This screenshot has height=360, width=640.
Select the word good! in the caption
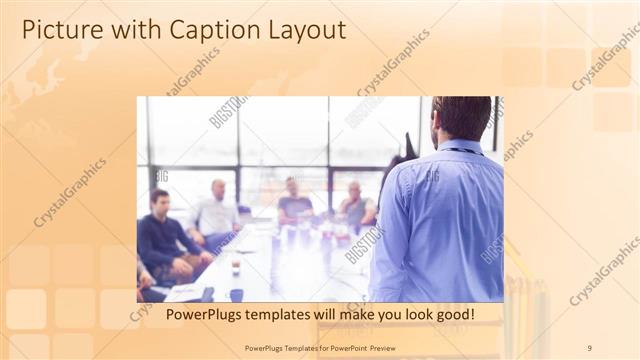coord(451,315)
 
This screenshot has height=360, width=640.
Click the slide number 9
coord(588,347)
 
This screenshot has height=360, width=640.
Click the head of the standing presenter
coord(461,118)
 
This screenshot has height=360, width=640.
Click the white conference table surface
coord(290,270)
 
